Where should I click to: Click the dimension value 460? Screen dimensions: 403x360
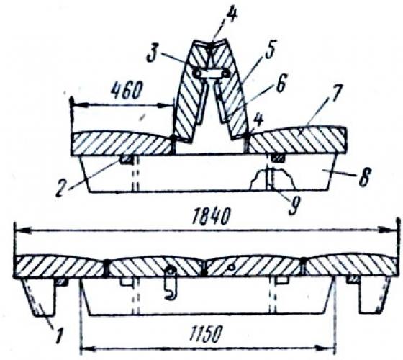(127, 91)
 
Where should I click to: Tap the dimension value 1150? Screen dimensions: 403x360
(205, 334)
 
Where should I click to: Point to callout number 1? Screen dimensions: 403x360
(59, 335)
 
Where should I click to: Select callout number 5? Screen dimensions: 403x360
(269, 49)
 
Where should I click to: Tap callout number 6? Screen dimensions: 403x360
(280, 83)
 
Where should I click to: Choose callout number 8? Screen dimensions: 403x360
(365, 176)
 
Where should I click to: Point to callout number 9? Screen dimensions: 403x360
(294, 206)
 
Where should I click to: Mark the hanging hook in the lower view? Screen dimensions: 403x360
(171, 283)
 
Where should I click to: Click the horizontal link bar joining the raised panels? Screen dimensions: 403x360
(212, 73)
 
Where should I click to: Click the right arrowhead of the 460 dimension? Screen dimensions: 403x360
(166, 105)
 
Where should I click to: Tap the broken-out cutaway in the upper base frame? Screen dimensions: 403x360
(273, 179)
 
